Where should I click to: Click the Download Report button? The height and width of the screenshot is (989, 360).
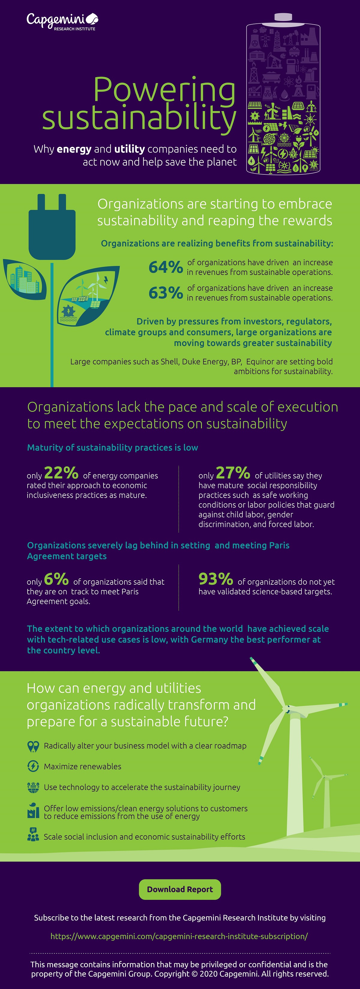pos(180,889)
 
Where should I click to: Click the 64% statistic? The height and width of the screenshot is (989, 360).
pos(165,267)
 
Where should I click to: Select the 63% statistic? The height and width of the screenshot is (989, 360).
pos(165,293)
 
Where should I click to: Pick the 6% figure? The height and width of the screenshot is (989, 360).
pos(56,579)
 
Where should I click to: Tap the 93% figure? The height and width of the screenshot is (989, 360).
pos(216,579)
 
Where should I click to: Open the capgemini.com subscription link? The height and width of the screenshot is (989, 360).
pos(179,936)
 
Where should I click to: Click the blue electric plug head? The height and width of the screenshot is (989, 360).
pos(52,230)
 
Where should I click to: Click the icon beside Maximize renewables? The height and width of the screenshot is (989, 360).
pos(33,766)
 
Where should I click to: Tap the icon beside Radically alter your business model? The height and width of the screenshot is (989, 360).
pos(33,746)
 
